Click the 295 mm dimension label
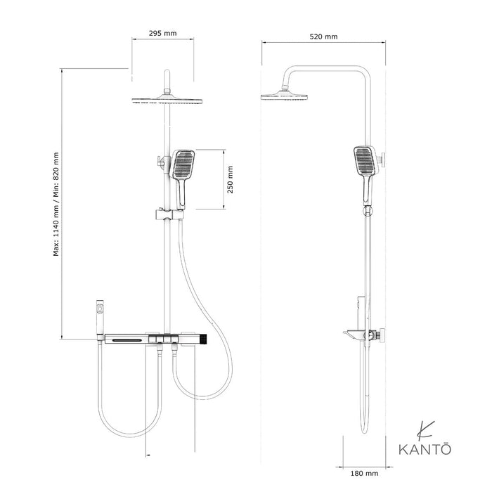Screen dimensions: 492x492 (162, 33)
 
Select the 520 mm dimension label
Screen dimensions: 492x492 (323, 37)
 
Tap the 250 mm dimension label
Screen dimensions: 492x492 (231, 180)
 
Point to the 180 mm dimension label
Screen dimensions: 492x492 (364, 474)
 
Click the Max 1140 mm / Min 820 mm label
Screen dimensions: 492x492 (56, 205)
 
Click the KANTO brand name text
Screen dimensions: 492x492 (425, 449)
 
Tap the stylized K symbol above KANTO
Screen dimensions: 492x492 (425, 430)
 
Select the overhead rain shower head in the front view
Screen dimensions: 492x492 (167, 99)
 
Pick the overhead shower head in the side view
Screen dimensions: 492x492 (284, 96)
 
